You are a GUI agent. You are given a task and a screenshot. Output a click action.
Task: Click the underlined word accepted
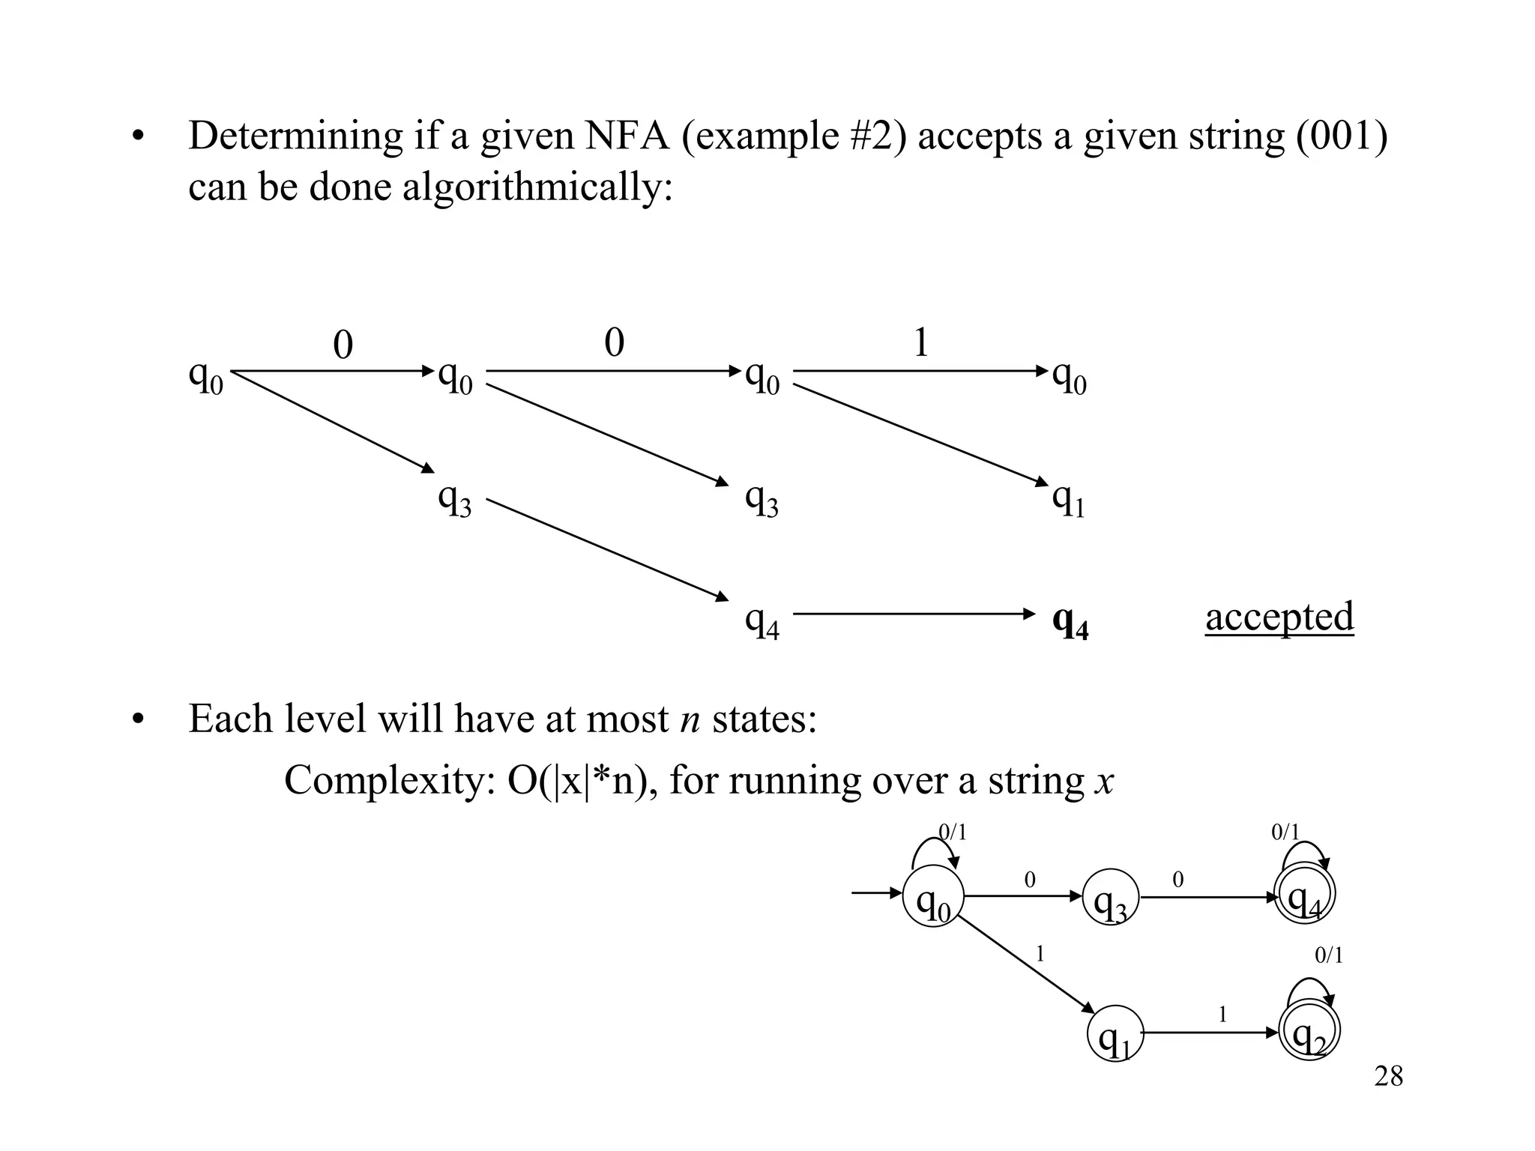[1279, 617]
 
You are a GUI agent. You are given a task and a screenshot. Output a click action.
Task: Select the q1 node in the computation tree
[1069, 499]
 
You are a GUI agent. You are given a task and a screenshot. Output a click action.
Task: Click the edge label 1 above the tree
[921, 343]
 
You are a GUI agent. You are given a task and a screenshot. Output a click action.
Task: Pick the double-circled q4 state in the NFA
[1305, 897]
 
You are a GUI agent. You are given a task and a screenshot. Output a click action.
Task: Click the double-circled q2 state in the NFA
[1309, 1033]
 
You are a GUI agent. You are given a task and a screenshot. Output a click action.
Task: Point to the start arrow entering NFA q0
[876, 893]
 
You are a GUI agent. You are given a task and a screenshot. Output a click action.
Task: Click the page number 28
[1388, 1077]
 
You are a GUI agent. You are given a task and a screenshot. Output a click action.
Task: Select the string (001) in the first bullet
[1342, 136]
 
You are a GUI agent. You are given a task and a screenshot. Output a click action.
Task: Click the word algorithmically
[537, 186]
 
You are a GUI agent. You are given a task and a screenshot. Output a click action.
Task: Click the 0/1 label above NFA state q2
[1329, 955]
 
